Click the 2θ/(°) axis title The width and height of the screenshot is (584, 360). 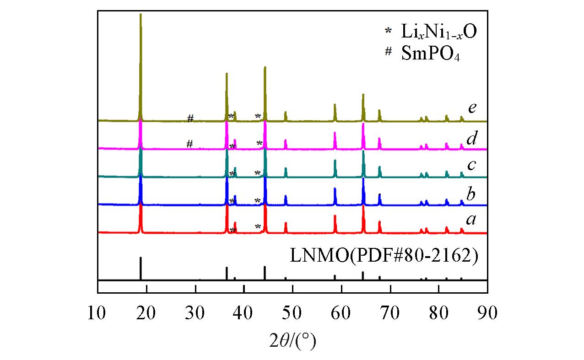click(292, 340)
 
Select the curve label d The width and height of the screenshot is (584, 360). click(472, 137)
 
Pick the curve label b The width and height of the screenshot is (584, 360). click(472, 194)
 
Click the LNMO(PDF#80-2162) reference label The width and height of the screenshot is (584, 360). click(384, 257)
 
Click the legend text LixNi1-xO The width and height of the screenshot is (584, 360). click(435, 32)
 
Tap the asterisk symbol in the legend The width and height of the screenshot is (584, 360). click(388, 31)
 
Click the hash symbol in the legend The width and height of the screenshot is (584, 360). click(388, 51)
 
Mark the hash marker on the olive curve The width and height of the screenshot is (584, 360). click(190, 118)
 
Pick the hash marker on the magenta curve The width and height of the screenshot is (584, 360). click(189, 144)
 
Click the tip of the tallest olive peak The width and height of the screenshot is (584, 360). click(141, 14)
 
